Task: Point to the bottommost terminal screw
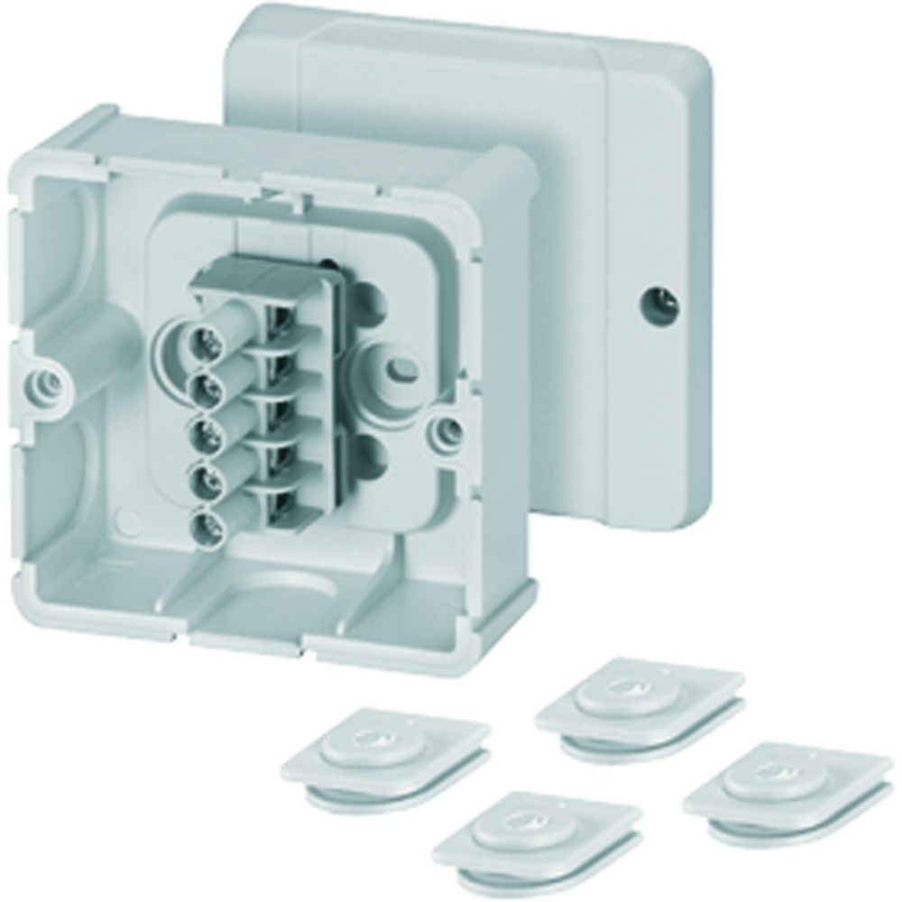pos(207,523)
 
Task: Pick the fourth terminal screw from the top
pos(207,480)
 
